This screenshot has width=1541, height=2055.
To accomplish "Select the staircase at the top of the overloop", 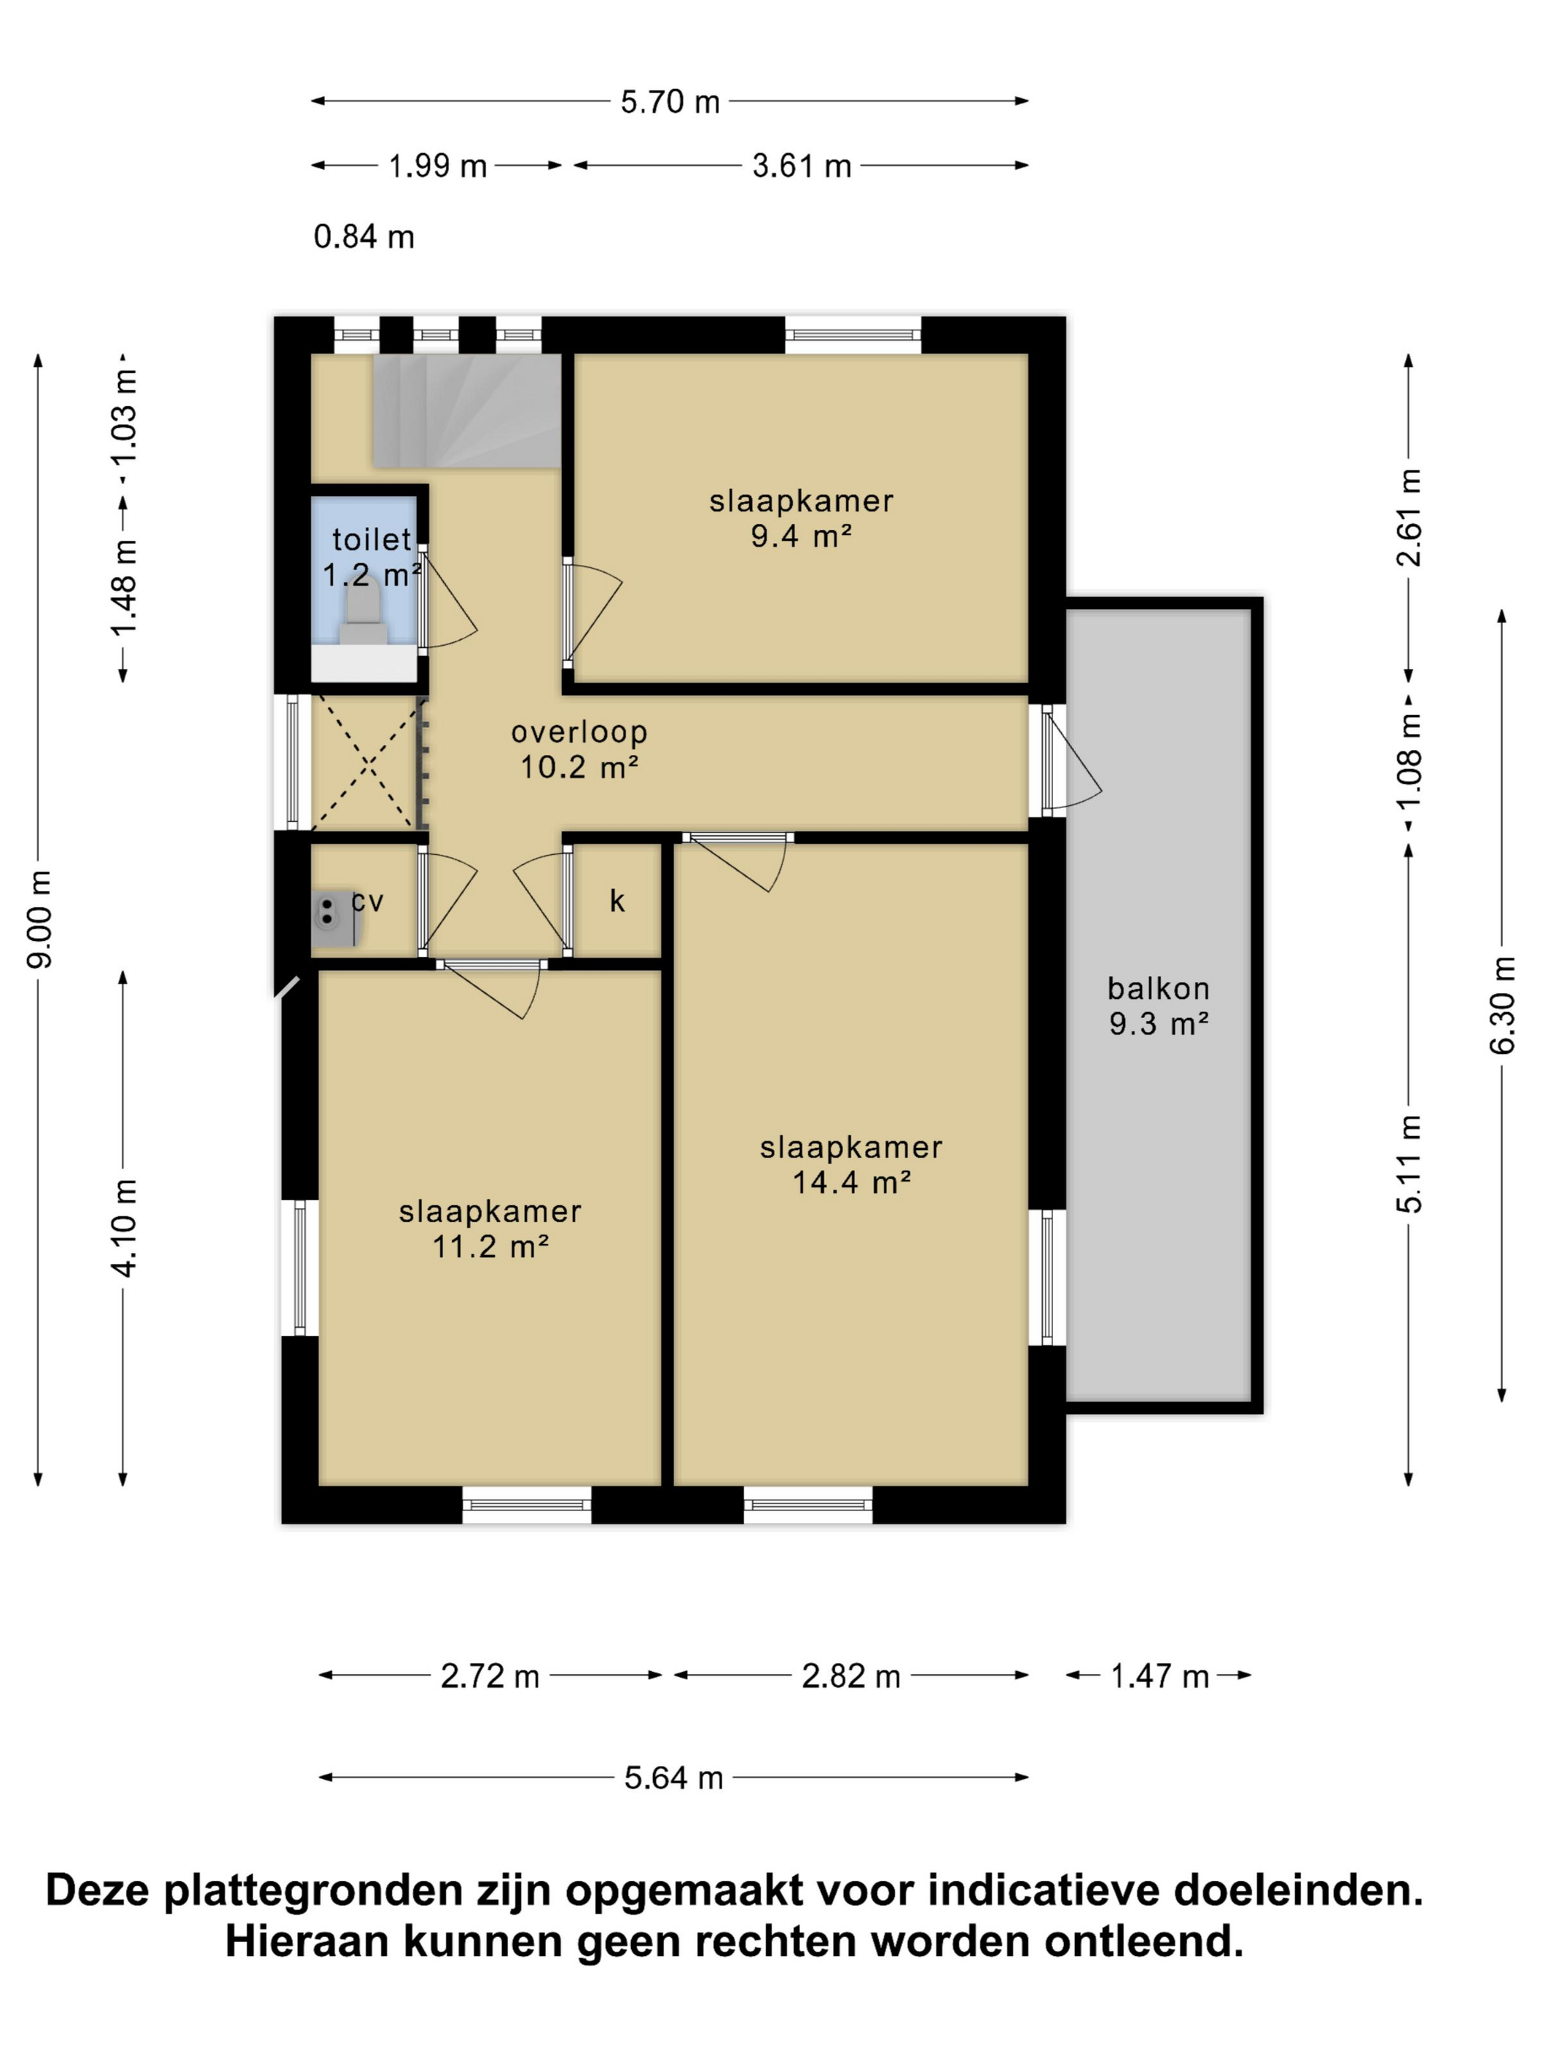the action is (x=467, y=410).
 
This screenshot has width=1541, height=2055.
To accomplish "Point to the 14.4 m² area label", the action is (x=850, y=1182).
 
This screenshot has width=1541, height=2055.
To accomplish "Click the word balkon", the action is (x=1158, y=988).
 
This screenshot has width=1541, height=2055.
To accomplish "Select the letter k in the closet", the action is (x=617, y=901).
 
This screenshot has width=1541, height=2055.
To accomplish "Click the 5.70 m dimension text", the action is (x=670, y=101).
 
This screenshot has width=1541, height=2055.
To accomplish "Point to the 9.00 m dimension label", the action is (x=39, y=920).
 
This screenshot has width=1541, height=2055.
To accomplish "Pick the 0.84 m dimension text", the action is (x=363, y=237).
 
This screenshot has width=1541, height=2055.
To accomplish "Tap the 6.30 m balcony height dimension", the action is (x=1502, y=1005).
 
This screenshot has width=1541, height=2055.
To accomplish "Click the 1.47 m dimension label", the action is (x=1160, y=1677).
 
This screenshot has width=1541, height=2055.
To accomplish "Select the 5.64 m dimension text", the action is (x=674, y=1778).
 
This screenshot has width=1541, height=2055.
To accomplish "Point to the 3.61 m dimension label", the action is (x=801, y=167).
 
